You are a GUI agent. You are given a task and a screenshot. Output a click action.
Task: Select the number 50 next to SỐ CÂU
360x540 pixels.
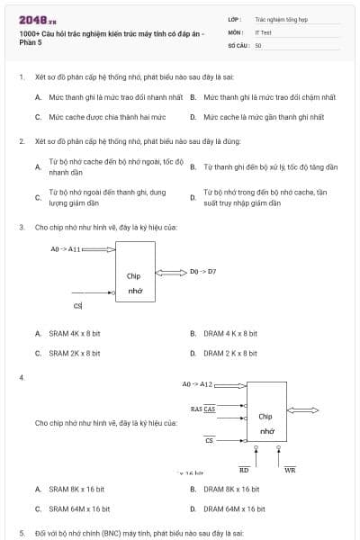[258, 44]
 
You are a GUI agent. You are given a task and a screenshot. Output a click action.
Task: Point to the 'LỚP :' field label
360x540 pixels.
[235, 18]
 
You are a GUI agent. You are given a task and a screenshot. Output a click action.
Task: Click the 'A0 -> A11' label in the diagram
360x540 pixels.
[66, 248]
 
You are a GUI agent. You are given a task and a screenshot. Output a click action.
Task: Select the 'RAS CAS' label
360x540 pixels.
[202, 409]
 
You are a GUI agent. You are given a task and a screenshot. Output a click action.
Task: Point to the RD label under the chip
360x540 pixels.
[244, 469]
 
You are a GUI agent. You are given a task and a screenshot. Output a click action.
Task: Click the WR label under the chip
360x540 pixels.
[290, 469]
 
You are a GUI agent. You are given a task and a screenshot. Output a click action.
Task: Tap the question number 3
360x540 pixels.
[21, 227]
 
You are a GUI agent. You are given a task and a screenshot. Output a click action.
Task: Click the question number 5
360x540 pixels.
[21, 533]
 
